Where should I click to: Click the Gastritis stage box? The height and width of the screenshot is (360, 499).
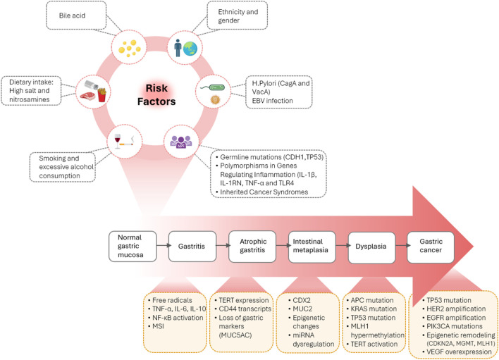192,246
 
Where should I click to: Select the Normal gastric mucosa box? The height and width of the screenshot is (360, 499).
133,246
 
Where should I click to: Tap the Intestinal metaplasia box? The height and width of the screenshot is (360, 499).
312,247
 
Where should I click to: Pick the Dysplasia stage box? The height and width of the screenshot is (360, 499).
371,247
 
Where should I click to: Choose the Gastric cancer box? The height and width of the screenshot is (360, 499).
431,247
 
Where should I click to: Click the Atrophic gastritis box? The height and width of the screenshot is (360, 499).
252,247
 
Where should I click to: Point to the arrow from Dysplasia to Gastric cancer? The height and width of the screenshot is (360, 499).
401,245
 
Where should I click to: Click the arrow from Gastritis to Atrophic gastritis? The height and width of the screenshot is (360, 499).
223,245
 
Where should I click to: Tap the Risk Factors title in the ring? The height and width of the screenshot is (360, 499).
156,95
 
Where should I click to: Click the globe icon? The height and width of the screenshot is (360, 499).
190,49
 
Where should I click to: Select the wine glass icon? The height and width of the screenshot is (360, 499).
118,141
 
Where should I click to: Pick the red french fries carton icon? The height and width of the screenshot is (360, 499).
101,95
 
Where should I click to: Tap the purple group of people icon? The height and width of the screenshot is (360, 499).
181,142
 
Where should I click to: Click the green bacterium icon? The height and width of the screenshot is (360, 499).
213,87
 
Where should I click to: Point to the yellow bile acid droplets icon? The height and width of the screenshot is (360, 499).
129,49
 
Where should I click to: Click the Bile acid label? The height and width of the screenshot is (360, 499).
72,15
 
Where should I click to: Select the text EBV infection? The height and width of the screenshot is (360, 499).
273,101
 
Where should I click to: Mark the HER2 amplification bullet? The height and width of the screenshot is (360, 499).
454,309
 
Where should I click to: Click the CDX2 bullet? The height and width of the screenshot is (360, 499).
299,300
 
